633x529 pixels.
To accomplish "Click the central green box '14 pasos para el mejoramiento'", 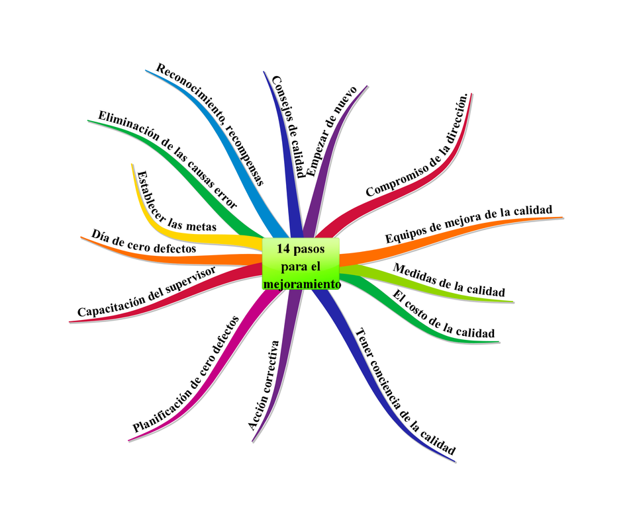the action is pyautogui.click(x=301, y=264).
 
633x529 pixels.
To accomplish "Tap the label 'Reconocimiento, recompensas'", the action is pyautogui.click(x=210, y=124).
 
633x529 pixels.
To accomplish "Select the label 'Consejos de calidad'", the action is pyautogui.click(x=288, y=126).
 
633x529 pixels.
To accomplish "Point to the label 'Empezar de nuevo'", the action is pyautogui.click(x=332, y=132).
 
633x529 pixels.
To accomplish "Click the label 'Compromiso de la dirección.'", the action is pyautogui.click(x=417, y=145).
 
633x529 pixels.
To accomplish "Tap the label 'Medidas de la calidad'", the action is pyautogui.click(x=449, y=280).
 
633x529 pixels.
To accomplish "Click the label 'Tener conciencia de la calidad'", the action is pyautogui.click(x=405, y=391).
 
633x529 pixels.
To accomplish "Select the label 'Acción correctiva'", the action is pyautogui.click(x=264, y=386).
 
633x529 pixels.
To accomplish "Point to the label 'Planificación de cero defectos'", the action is pyautogui.click(x=185, y=374).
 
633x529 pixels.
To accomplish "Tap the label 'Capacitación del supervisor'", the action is pyautogui.click(x=146, y=292).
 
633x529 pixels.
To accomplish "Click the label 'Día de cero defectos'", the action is pyautogui.click(x=144, y=241).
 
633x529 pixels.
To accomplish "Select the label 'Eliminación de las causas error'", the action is pyautogui.click(x=168, y=159).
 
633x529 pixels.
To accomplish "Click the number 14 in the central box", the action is pyautogui.click(x=283, y=249).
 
